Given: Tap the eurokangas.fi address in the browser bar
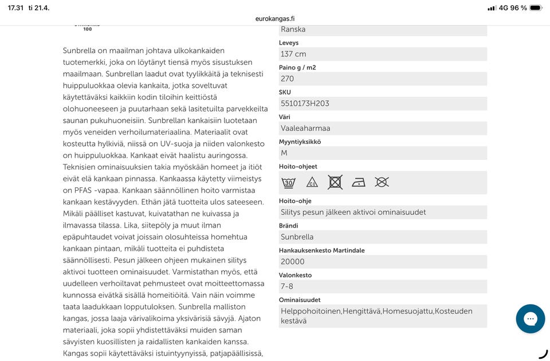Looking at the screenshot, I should [x=275, y=18].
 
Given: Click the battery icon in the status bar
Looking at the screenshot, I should [x=536, y=8].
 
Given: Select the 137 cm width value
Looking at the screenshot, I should [x=293, y=54].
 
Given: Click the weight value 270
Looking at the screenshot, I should [x=288, y=79].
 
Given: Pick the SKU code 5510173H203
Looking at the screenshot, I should [x=305, y=103].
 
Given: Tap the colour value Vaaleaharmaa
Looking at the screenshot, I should [x=305, y=128].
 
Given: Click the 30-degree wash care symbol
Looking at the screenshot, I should [x=289, y=182].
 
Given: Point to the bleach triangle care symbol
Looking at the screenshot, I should [x=312, y=182].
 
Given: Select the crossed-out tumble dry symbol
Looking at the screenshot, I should [x=335, y=182].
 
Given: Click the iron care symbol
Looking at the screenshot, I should [x=359, y=182].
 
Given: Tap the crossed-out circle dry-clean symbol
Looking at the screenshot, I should [x=382, y=182].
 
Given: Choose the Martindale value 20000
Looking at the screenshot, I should [x=293, y=262].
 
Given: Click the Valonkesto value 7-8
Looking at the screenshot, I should [x=287, y=287].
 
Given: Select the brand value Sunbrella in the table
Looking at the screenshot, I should [x=297, y=237].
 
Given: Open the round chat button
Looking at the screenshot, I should [x=530, y=319].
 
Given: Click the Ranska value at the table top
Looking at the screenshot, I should [x=293, y=29].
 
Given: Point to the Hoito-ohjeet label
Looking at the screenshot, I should [x=298, y=167].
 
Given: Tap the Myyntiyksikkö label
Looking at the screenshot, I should [x=300, y=142].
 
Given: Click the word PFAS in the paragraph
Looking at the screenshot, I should [x=86, y=190].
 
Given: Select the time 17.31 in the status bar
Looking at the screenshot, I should [x=16, y=8].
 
